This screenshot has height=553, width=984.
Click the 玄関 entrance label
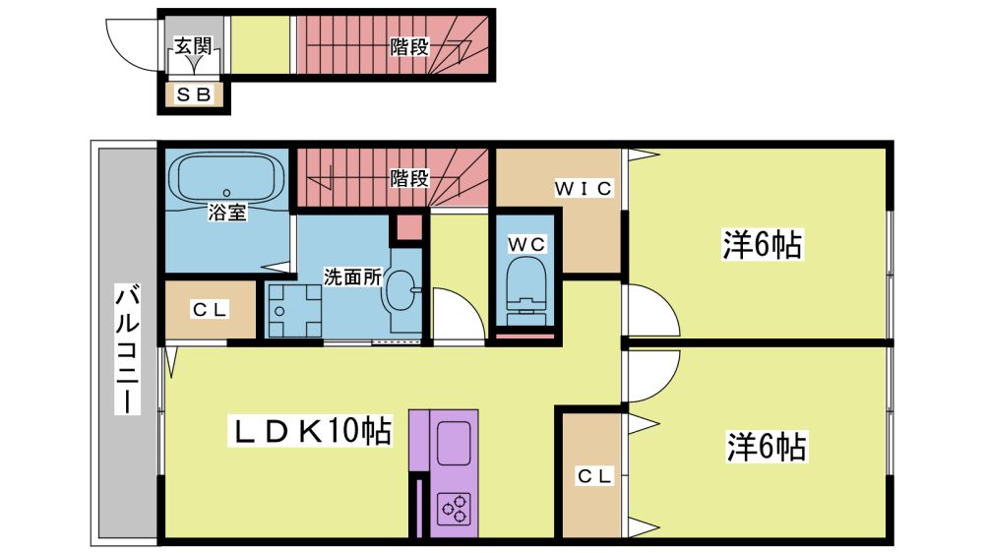(193, 45)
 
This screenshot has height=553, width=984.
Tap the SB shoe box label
(194, 94)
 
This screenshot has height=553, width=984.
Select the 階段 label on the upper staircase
(409, 46)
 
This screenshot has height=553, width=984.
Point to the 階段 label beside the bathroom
(409, 178)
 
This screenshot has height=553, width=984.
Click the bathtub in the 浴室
(226, 177)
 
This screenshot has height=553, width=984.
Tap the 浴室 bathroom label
(227, 213)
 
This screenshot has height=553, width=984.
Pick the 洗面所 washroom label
(352, 276)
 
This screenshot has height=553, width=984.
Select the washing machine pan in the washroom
(294, 311)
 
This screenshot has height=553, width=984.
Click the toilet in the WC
(524, 292)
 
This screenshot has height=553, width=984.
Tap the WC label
(526, 244)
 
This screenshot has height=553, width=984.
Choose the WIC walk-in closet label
(584, 188)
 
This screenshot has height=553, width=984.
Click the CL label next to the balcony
(211, 309)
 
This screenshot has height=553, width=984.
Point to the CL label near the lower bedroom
(594, 476)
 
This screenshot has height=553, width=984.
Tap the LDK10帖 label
(313, 431)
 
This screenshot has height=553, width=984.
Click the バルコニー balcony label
(127, 349)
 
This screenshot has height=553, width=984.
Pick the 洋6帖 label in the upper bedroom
(762, 244)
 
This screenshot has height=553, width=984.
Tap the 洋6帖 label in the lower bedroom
(767, 447)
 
